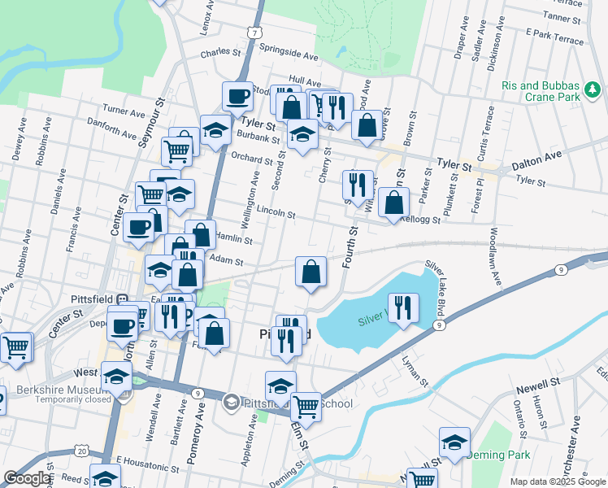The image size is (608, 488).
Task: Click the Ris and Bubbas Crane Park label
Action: [x=541, y=91]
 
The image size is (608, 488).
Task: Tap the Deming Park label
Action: [x=503, y=455]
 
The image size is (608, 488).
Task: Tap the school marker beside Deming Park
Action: [x=455, y=442]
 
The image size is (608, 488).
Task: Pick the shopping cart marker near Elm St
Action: [x=306, y=404]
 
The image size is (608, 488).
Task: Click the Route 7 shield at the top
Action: [x=255, y=33]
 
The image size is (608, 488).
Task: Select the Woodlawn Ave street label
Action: [x=493, y=255]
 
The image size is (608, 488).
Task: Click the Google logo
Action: [x=27, y=479]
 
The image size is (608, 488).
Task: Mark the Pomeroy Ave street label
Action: [x=195, y=440]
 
